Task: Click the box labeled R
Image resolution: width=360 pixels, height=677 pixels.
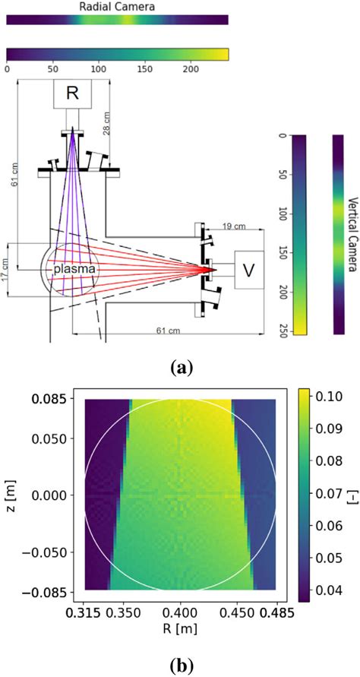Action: coord(73,93)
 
